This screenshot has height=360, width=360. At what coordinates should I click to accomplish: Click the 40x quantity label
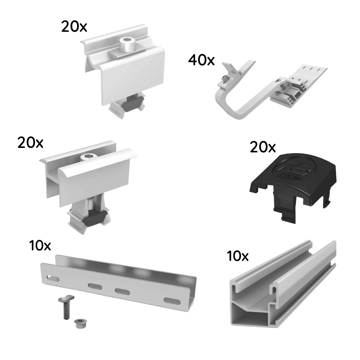point(201,60)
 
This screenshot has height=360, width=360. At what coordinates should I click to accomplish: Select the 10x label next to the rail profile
point(238,256)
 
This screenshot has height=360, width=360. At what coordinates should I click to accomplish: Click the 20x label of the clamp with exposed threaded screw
point(30,142)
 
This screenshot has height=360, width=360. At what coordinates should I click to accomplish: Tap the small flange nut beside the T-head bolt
point(79,323)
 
